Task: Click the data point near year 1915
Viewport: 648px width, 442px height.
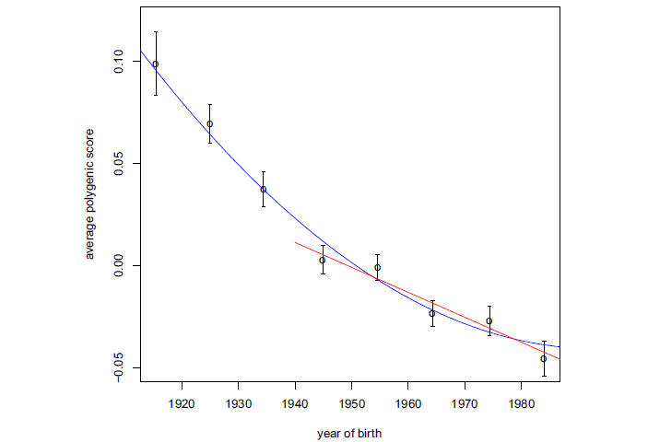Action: coord(155,64)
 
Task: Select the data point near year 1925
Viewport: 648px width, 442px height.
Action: coord(210,123)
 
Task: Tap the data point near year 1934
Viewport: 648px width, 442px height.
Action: coord(264,190)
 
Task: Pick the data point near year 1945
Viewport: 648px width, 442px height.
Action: coord(323,260)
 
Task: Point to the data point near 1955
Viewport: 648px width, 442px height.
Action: coord(378,268)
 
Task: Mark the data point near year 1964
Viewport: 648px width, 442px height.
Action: coord(431,313)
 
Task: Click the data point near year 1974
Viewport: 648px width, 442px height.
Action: coord(489,320)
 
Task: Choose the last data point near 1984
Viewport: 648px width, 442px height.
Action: coord(544,358)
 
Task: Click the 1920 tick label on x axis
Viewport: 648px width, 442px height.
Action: coord(183,403)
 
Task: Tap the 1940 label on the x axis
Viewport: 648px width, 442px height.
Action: coord(295,403)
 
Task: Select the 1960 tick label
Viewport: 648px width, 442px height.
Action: coord(408,403)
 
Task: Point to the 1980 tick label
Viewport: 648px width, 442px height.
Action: coord(522,403)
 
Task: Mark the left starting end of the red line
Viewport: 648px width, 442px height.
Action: coord(295,242)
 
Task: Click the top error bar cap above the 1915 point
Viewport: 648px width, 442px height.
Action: coord(155,32)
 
